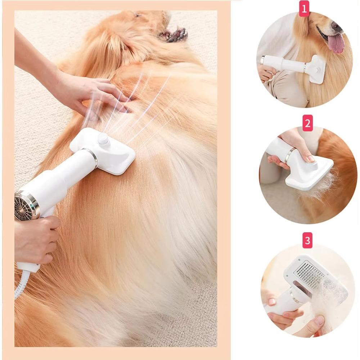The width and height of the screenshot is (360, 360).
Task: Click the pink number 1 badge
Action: (x=304, y=9)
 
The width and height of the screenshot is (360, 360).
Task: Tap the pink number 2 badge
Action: (x=307, y=123)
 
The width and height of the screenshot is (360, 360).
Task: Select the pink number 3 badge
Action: (x=307, y=240)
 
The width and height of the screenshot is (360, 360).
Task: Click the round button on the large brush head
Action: (x=103, y=139)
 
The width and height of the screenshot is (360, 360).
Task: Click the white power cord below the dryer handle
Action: (x=21, y=285)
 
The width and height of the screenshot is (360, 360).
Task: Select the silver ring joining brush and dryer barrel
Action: (x=93, y=157)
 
